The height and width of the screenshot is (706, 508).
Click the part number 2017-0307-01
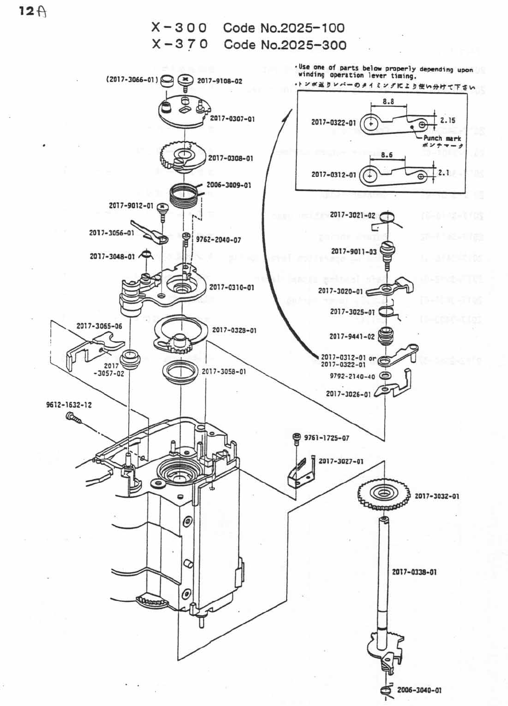[232, 118]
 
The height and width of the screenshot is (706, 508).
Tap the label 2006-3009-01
[229, 185]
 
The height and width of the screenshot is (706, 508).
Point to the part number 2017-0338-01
[414, 572]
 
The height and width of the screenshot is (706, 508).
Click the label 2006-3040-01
[419, 690]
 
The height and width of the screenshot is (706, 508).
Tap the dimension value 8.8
[388, 101]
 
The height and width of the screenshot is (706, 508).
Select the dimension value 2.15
[448, 120]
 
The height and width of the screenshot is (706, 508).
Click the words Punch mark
[442, 138]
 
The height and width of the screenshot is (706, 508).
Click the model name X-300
[179, 28]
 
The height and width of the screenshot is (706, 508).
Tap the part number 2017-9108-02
[219, 81]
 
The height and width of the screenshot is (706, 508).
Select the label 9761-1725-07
[327, 438]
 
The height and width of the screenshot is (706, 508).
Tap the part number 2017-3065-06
[99, 326]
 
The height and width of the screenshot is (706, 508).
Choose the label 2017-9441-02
[352, 336]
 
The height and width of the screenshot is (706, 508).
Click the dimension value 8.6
[387, 155]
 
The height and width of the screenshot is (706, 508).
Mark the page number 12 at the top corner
[27, 11]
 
